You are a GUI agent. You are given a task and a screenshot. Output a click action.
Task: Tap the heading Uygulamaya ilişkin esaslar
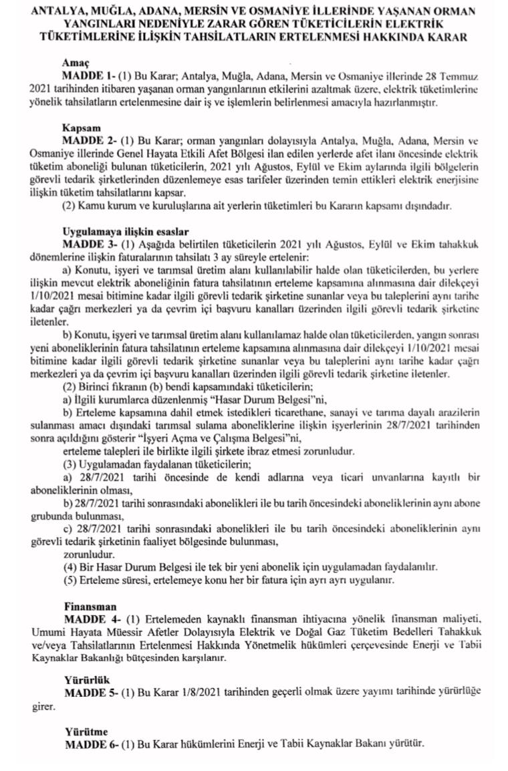(117, 230)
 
